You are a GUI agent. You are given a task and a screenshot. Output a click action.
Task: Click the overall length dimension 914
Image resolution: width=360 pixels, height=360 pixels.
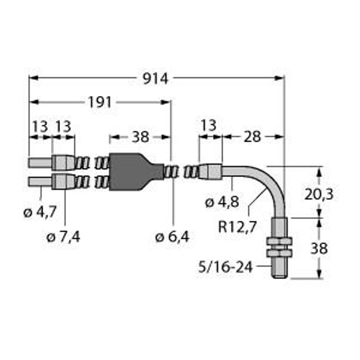[155, 79]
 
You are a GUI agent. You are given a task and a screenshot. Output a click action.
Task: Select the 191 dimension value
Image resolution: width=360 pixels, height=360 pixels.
[100, 103]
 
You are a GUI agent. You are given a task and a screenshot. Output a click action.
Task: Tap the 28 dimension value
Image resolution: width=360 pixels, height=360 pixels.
[252, 137]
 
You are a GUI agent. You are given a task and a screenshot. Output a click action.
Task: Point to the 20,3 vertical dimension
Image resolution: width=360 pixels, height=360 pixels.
[319, 194]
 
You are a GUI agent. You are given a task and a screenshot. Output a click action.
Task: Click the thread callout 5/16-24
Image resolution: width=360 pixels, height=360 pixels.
[226, 267]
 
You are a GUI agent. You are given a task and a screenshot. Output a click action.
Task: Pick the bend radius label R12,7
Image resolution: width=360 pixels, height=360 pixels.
[237, 227]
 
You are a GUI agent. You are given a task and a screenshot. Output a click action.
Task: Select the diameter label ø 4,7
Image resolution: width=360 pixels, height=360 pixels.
[40, 212]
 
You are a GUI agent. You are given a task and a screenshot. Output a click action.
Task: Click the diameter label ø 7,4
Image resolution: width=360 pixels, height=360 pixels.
[64, 237]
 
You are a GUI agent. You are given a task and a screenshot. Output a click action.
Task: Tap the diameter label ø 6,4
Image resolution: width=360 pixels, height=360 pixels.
[172, 237]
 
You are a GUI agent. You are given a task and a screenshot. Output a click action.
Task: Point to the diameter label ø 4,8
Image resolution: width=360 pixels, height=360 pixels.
[222, 203]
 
